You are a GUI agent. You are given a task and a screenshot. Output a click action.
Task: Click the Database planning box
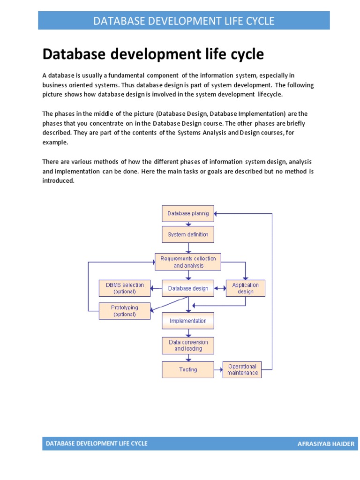point(188,213)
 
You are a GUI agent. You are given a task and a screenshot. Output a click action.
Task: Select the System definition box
point(188,234)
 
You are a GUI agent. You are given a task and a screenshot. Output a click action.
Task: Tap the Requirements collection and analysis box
point(188,262)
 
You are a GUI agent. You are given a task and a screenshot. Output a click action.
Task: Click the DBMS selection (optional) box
point(125,288)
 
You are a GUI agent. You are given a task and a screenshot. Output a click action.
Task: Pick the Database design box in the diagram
point(188,288)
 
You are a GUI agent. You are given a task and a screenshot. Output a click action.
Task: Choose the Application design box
point(246,288)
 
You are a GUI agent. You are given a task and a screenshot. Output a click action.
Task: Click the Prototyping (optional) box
point(125,311)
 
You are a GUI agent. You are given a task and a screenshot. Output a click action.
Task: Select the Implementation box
point(188,321)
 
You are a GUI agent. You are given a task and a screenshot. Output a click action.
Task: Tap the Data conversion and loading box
point(188,345)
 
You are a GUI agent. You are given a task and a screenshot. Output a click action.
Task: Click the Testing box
point(188,369)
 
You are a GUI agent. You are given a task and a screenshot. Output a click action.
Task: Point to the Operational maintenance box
point(242,369)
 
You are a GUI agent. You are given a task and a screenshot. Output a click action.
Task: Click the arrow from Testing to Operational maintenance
point(218,369)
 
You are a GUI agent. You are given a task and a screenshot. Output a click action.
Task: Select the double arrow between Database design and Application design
point(220,288)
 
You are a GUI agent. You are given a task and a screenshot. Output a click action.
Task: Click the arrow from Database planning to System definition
point(188,224)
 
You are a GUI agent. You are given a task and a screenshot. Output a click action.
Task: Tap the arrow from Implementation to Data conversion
point(188,333)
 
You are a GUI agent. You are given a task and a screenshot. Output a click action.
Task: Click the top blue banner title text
point(184,21)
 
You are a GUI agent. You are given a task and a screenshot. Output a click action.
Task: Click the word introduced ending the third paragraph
point(58,181)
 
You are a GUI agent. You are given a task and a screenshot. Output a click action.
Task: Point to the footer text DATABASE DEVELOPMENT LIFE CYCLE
point(97,443)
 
